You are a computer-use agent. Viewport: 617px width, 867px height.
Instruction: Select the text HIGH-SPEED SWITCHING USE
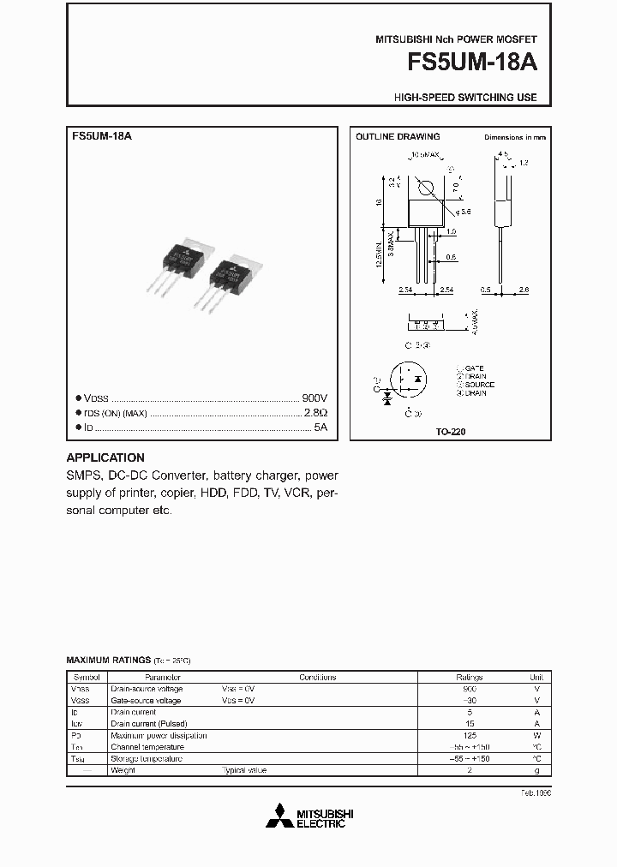coord(465,98)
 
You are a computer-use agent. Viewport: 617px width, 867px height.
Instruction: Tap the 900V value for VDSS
coord(314,398)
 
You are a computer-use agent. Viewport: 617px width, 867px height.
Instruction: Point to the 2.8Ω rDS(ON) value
coord(315,413)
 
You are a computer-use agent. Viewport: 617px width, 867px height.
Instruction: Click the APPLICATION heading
coord(105,457)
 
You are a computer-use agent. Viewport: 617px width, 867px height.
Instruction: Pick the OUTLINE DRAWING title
coord(398,137)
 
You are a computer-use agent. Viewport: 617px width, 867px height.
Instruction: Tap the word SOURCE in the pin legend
coord(480,385)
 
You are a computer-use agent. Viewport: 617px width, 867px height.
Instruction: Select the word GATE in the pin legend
coord(475,368)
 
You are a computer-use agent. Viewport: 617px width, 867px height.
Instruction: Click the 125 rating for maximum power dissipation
coord(470,735)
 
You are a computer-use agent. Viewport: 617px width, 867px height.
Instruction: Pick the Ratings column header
coord(470,677)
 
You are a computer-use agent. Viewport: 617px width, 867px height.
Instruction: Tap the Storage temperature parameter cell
coord(147,759)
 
